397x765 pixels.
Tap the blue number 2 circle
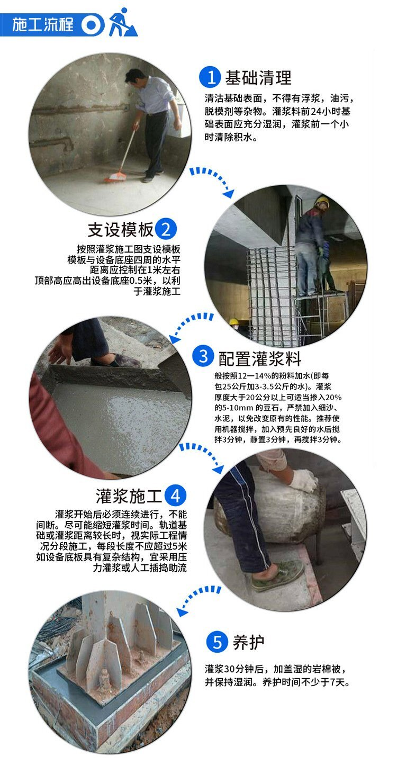tap(166, 229)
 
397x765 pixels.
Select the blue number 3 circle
tap(203, 356)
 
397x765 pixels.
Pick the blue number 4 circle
tap(175, 495)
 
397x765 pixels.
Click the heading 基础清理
tap(258, 77)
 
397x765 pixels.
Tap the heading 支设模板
tap(121, 230)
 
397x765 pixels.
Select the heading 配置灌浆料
tap(259, 358)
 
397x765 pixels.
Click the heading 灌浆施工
tap(129, 496)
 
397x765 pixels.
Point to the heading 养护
tap(248, 642)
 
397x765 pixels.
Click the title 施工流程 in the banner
tap(43, 25)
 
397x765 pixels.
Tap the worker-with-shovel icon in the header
tap(123, 23)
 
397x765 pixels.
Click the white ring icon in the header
tap(91, 25)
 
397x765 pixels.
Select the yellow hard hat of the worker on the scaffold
tap(321, 201)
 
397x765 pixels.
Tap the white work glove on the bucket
tap(303, 480)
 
